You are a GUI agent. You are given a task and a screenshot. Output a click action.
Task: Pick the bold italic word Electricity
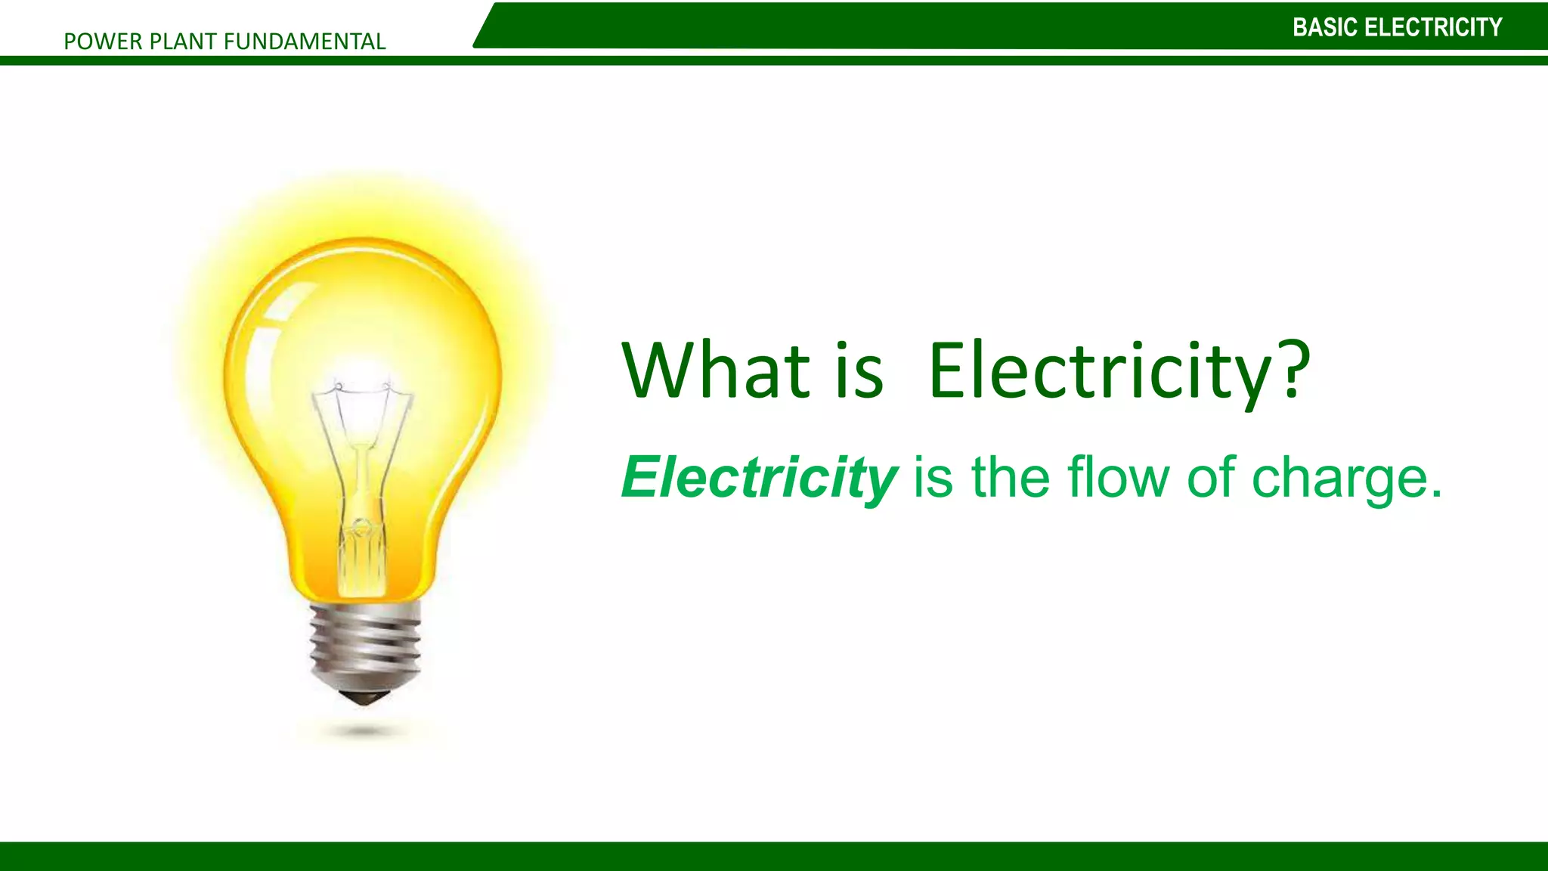tap(759, 479)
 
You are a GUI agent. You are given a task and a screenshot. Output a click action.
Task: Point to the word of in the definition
tap(1212, 478)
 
